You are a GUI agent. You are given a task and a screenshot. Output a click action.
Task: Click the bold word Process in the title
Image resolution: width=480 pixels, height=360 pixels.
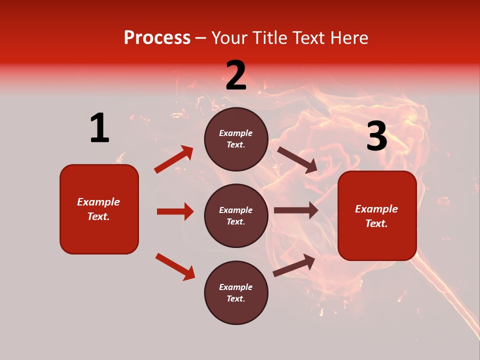click(x=157, y=38)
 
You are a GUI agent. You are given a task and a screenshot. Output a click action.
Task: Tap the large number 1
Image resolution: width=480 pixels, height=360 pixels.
click(x=99, y=128)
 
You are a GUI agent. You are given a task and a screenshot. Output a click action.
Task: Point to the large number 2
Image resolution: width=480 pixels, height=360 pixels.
click(x=236, y=76)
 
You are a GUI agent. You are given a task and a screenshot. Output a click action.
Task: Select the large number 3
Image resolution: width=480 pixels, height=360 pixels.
click(x=376, y=137)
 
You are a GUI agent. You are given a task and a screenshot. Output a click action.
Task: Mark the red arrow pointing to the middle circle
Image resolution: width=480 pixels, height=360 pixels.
click(x=175, y=211)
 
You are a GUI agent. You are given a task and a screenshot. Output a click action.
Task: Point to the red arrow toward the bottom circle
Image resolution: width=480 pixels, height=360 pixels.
click(x=175, y=266)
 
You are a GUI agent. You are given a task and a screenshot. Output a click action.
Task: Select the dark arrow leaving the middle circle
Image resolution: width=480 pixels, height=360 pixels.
click(x=296, y=210)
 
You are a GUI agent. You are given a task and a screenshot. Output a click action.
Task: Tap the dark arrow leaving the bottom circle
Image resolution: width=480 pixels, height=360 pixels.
click(x=294, y=265)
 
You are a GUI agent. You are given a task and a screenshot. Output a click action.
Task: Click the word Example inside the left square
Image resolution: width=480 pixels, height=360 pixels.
click(x=98, y=202)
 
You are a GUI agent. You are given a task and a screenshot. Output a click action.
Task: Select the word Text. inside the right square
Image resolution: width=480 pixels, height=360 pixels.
click(x=376, y=223)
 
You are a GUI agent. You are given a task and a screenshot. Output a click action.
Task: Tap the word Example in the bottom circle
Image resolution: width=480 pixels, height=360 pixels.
click(x=235, y=287)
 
